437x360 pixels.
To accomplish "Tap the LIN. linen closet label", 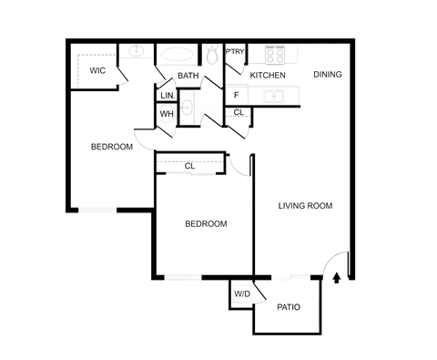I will click(x=168, y=95).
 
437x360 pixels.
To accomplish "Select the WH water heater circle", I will click(x=167, y=114).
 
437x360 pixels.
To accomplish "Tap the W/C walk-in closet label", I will click(x=98, y=68).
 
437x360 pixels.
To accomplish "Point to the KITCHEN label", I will click(x=269, y=76).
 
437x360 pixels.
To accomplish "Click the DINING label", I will click(x=326, y=74).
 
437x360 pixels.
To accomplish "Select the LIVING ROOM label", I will click(x=305, y=207).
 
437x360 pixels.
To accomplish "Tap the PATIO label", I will click(x=289, y=308).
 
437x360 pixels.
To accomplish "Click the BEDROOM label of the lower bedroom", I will click(x=205, y=224).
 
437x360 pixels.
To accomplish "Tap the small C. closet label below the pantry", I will click(x=236, y=113).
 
